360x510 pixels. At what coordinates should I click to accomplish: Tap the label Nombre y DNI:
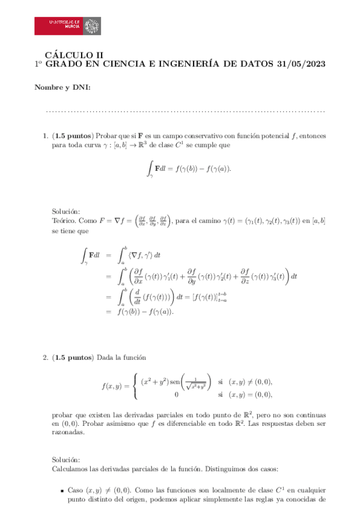click(63, 88)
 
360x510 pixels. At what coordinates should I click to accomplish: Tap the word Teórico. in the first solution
click(65, 221)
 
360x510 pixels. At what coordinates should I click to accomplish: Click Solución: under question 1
click(66, 212)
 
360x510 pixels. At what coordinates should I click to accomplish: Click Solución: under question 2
click(66, 458)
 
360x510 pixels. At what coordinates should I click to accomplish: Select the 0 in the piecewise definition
click(175, 395)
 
